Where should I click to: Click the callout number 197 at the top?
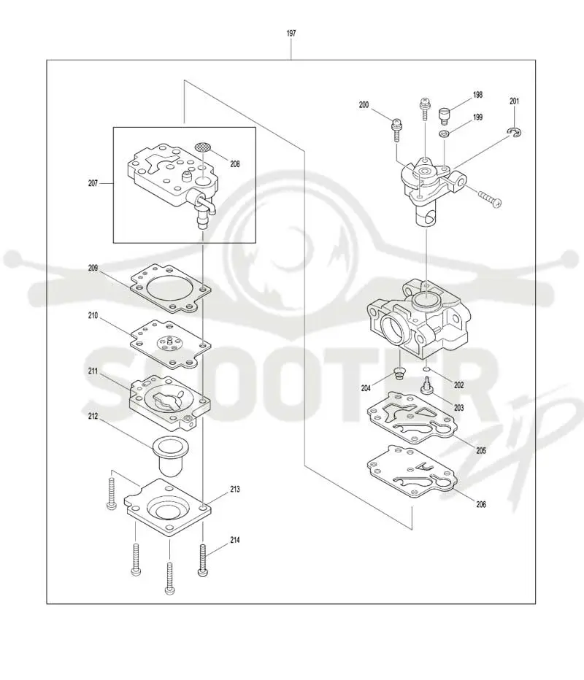click(x=291, y=33)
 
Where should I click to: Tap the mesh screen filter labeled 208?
click(x=203, y=147)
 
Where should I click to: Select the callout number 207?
click(x=93, y=183)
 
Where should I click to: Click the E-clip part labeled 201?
click(x=515, y=132)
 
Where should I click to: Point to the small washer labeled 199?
click(x=444, y=134)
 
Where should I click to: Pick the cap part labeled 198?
click(x=445, y=116)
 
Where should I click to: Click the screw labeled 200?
click(x=396, y=129)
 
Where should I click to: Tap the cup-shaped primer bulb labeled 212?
click(x=169, y=456)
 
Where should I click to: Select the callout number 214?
click(x=235, y=540)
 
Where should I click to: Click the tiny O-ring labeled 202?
click(x=426, y=369)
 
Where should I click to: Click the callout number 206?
click(x=481, y=504)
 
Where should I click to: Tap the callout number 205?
click(x=481, y=451)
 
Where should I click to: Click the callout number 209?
click(x=93, y=268)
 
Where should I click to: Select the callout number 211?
click(x=93, y=371)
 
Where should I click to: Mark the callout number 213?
click(x=235, y=489)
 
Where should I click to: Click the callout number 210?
click(x=93, y=316)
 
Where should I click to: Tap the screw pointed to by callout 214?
click(x=203, y=560)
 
